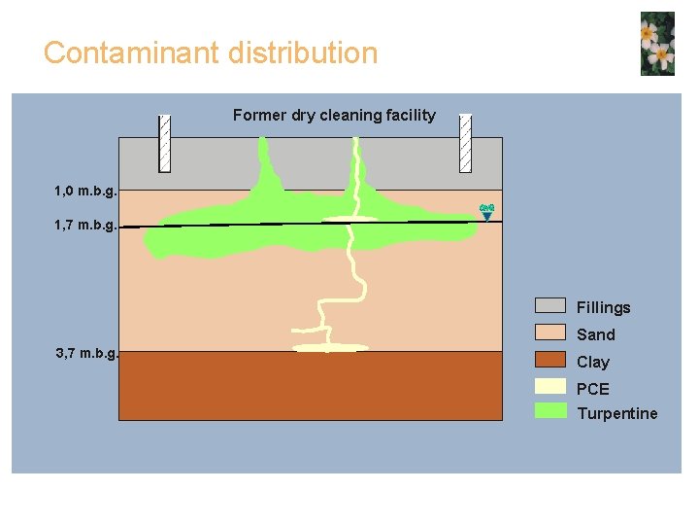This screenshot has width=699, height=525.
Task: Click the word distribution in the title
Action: pos(303,52)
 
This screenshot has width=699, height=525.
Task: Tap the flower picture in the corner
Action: pos(657,44)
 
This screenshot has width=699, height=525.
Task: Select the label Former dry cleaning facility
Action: pos(334,116)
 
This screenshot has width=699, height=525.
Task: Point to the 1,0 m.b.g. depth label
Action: pos(86,190)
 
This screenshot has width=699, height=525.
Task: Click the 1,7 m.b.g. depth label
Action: pos(86,226)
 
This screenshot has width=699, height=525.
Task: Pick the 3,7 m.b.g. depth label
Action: pos(86,353)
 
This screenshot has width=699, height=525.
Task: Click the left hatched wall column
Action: pos(165,143)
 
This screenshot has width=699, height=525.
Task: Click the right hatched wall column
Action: pos(465,143)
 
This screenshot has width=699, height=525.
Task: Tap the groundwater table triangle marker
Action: pos(487,212)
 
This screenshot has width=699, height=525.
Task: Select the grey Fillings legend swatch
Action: pos(550,306)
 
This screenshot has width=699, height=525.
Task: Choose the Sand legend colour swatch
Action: pos(550,333)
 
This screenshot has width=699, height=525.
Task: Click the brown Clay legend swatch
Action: pos(550,361)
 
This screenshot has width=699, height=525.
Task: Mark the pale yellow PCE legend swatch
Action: pos(550,386)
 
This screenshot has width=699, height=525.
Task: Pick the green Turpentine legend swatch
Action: pos(550,410)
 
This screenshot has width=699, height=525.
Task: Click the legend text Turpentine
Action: pos(616,413)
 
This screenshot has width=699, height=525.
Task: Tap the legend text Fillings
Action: pos(603,307)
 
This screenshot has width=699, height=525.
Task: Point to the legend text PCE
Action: pos(593,389)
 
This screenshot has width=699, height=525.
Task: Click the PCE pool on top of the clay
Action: pos(331,347)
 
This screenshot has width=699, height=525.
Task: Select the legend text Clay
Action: pos(593,362)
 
